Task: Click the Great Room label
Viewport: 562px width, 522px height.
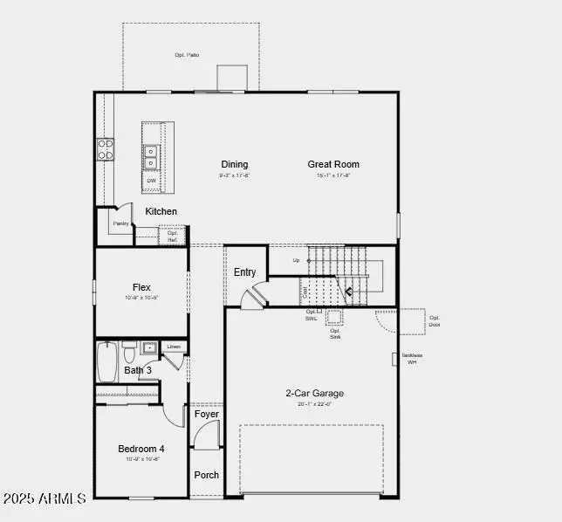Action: click(x=333, y=164)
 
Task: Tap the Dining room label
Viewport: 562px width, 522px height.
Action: click(x=234, y=164)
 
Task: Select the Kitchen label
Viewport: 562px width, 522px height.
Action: click(x=161, y=211)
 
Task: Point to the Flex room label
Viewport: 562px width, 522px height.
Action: click(x=141, y=287)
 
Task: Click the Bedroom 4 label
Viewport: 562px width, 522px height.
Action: click(x=141, y=449)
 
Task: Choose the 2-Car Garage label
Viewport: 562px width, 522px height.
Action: click(x=314, y=393)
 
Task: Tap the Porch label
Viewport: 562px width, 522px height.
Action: click(x=207, y=475)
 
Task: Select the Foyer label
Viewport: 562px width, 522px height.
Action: click(x=207, y=414)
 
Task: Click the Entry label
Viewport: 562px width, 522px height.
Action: click(x=245, y=272)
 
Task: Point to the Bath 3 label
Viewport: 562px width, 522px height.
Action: click(x=138, y=370)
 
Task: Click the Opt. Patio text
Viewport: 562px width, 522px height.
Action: click(x=187, y=55)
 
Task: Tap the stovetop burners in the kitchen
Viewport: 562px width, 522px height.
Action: click(x=106, y=148)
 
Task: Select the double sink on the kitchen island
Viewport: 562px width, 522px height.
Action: click(x=151, y=156)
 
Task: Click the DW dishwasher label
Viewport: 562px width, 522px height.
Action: click(x=151, y=181)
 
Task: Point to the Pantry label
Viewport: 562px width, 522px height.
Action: click(x=120, y=223)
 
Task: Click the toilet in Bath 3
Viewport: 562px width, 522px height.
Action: click(x=129, y=353)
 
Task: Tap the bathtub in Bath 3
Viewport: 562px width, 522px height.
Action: click(x=107, y=362)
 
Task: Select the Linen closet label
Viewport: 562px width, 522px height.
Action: click(x=174, y=347)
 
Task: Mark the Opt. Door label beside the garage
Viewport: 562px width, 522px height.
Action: click(x=434, y=321)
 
